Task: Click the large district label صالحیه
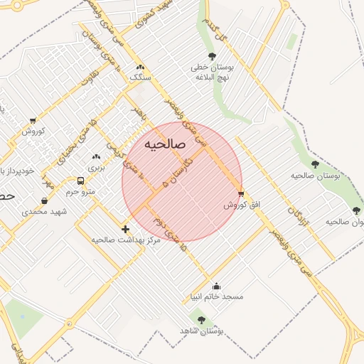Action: (x=165, y=144)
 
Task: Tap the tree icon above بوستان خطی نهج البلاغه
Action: (x=211, y=56)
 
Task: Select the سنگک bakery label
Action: (x=139, y=76)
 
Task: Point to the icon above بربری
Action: (x=96, y=156)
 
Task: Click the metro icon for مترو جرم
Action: (x=80, y=181)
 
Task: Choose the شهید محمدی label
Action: (x=43, y=212)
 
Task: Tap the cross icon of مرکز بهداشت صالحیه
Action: (x=126, y=229)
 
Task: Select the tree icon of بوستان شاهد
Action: (x=201, y=321)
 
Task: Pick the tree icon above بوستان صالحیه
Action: (x=315, y=165)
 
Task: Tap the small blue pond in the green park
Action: (x=21, y=315)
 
